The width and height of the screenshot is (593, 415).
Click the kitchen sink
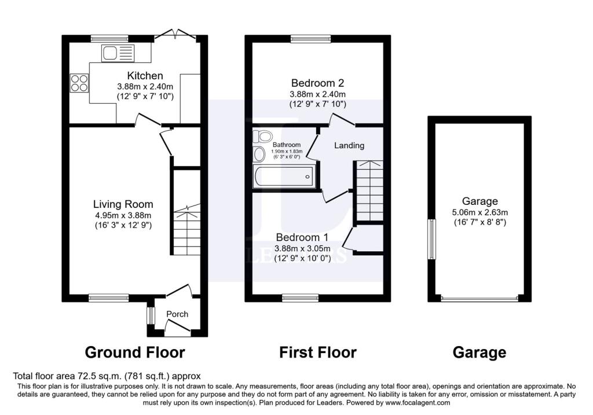(118, 53)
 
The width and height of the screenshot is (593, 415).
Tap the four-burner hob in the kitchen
(79, 83)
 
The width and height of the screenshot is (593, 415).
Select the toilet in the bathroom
(262, 136)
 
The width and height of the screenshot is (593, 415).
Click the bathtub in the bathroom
(284, 177)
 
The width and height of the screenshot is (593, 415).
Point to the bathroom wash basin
(259, 154)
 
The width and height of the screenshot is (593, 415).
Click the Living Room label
(123, 204)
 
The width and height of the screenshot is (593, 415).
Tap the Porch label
(177, 314)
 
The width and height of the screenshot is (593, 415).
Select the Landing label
(349, 145)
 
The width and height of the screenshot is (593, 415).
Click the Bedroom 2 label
(318, 83)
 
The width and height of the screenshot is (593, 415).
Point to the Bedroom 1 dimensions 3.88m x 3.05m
(302, 249)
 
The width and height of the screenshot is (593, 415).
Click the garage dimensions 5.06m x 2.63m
(480, 212)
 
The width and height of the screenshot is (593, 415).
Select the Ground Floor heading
(135, 352)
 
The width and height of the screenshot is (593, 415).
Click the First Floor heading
(318, 352)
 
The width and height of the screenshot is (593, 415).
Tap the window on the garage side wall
(431, 239)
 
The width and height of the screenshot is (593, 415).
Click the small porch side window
(151, 315)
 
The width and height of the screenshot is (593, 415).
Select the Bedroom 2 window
(311, 39)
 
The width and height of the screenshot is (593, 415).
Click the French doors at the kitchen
(175, 35)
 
